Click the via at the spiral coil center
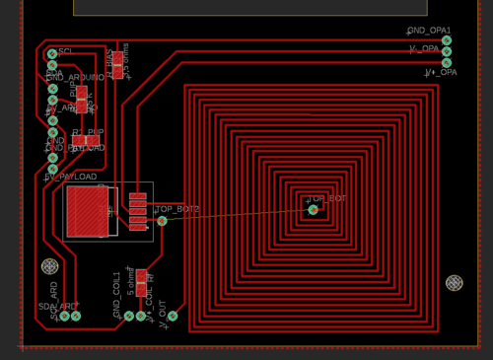[x=314, y=209]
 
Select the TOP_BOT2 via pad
[x=162, y=220]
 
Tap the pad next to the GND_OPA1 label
[x=447, y=40]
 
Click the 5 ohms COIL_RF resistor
[x=141, y=280]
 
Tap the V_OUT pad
[x=172, y=316]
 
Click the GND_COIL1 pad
[x=128, y=316]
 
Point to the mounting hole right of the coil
[x=454, y=283]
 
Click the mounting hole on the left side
[x=49, y=266]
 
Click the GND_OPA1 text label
[x=430, y=31]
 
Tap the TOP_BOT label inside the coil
[x=329, y=198]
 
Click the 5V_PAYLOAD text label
[x=71, y=178]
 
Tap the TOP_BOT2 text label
[x=177, y=210]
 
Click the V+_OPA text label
[x=442, y=73]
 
